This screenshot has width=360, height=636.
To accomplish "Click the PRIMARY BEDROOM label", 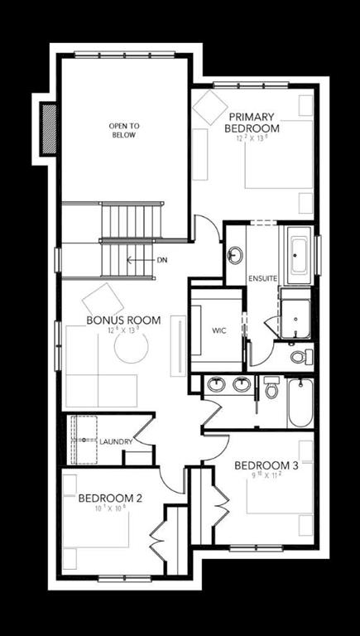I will pos(252,123).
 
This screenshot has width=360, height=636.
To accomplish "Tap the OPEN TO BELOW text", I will pos(124,131).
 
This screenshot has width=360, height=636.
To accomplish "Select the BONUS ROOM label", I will pos(123,320).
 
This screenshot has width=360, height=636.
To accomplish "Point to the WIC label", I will pos(218,330).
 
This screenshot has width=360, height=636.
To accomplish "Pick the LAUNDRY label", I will pos(116,441).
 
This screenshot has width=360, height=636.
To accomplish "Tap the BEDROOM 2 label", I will pos(111,499).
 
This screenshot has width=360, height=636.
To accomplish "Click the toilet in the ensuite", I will pos(302,357).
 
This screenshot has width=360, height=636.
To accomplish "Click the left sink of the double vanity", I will pos(218,384).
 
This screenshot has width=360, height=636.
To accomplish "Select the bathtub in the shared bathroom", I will pos(300,402).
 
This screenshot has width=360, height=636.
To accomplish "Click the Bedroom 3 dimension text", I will pos(265,476).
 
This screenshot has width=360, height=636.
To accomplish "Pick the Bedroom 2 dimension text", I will pos(112,509).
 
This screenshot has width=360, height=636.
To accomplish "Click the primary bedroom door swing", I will pos(207,229).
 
